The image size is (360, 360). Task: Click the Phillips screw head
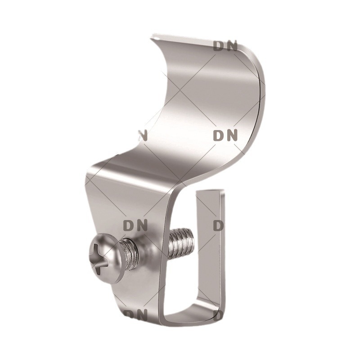pos(103,262)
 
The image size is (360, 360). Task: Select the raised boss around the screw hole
pos(147,255)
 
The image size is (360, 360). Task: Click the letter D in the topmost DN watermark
pos(218,46)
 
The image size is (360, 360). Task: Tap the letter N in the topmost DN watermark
pos(232,46)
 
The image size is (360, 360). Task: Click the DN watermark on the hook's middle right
pos(225,135)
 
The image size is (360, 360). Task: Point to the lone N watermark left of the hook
pos(143,136)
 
